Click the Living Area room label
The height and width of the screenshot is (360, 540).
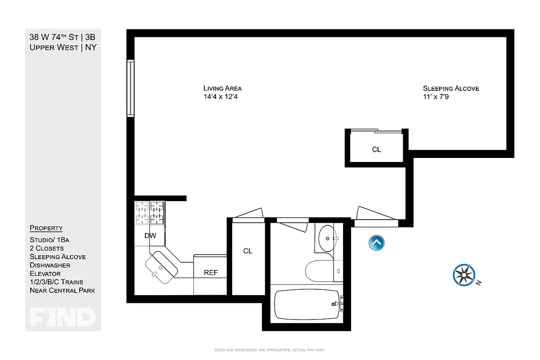[x=222, y=88]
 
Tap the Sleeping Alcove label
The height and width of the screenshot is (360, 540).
[x=451, y=88]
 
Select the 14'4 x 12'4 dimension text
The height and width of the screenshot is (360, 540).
[x=220, y=97]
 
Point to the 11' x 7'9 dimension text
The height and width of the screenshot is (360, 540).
[x=436, y=97]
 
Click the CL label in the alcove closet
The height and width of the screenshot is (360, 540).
[x=376, y=149]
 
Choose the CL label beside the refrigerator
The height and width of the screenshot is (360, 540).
[x=247, y=251]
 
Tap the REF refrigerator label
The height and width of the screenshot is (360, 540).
[x=211, y=273]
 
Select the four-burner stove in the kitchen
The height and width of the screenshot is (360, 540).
[x=149, y=212]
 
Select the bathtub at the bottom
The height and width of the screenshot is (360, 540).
[x=306, y=304]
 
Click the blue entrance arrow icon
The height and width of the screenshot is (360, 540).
[x=376, y=243]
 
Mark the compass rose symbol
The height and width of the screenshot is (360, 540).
[x=464, y=275]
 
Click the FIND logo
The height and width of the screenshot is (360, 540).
[x=63, y=317]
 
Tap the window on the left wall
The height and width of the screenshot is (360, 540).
[x=130, y=88]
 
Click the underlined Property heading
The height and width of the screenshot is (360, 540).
[x=46, y=228]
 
